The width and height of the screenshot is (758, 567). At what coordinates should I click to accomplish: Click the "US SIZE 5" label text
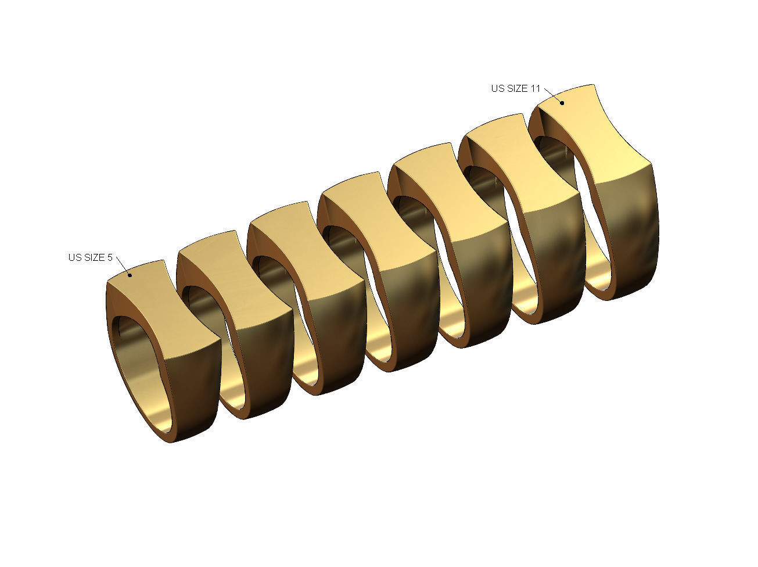tap(90, 257)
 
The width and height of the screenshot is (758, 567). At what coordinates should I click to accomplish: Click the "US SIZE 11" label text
tap(515, 88)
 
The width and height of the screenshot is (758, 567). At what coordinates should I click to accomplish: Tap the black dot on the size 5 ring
tap(130, 275)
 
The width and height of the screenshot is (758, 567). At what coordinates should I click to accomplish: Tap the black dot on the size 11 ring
tap(562, 103)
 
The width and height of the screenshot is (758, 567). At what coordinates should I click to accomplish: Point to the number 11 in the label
tap(535, 88)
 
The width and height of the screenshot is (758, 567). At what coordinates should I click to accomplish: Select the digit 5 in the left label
tap(109, 257)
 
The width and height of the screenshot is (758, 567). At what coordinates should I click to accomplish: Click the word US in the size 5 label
tap(74, 257)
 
